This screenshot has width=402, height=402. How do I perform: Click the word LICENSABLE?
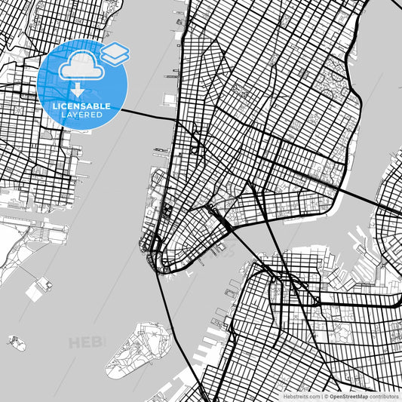pyautogui.click(x=81, y=107)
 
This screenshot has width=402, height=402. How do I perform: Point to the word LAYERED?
pyautogui.click(x=81, y=116)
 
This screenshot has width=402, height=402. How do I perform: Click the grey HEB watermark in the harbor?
pyautogui.click(x=87, y=343)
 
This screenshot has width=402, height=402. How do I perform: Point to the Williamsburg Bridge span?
pyautogui.click(x=354, y=193)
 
